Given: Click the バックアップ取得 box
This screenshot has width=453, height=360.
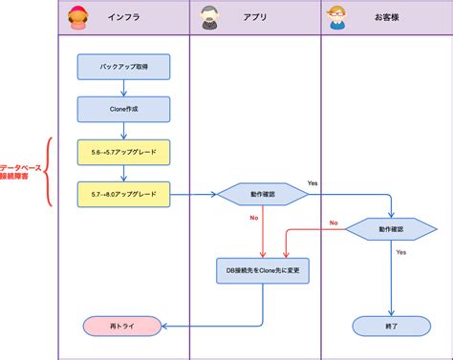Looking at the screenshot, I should [x=123, y=67].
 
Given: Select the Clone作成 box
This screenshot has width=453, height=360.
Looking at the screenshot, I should [x=123, y=109].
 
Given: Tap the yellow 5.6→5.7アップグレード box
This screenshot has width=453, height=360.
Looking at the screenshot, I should [x=123, y=151].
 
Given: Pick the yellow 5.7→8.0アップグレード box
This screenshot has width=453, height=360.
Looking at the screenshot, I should [x=123, y=194].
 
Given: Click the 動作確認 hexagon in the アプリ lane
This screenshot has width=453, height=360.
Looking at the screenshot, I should [x=263, y=194].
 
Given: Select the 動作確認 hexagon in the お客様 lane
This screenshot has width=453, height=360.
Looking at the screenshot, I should [x=391, y=229].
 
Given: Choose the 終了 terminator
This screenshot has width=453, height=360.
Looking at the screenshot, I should [x=391, y=327].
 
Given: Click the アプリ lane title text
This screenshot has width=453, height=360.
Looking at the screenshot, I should [x=254, y=17].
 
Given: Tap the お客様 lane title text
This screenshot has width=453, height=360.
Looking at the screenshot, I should [x=387, y=17].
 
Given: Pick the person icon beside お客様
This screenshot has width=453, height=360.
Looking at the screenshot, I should [x=335, y=16].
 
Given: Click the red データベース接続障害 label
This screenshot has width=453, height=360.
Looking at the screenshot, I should [x=18, y=172].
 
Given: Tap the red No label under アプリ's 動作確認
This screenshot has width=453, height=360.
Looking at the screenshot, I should [x=254, y=219].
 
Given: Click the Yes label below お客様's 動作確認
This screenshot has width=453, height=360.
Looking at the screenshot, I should [x=401, y=253].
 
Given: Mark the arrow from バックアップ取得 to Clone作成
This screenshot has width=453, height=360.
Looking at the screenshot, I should [x=123, y=88].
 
